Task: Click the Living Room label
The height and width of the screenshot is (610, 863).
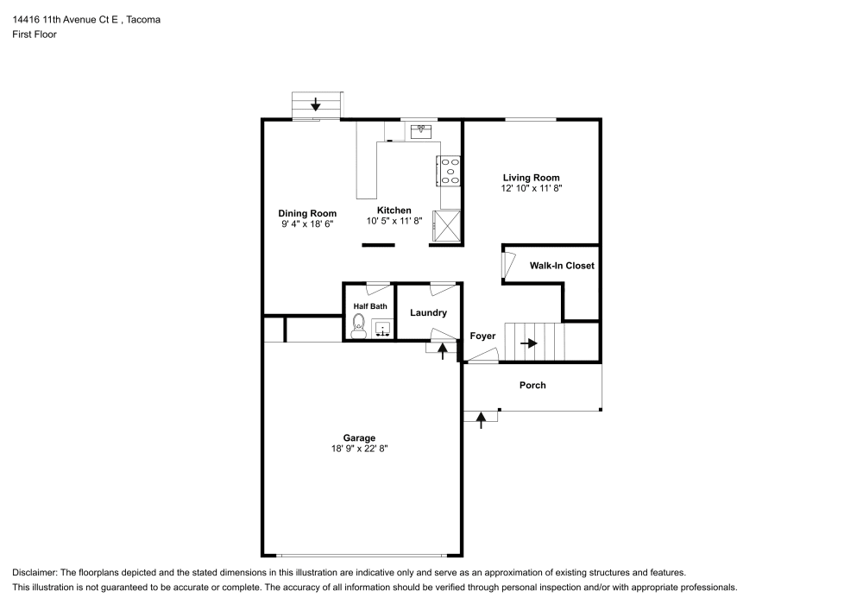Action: point(532,178)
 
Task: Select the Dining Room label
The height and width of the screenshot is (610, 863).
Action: point(307,213)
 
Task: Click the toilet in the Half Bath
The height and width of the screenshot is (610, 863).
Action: point(358,325)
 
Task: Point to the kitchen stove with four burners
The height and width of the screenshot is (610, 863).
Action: point(450,171)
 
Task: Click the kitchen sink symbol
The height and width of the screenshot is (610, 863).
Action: point(421,131)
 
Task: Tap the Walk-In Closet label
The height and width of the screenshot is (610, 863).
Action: point(562,266)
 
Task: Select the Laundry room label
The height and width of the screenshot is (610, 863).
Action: point(428,313)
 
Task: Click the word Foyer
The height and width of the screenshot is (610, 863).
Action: point(482,336)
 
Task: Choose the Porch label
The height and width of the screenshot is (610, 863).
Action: point(532,385)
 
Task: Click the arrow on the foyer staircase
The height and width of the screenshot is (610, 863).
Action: point(529,343)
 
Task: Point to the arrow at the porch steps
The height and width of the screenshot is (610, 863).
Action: point(482,418)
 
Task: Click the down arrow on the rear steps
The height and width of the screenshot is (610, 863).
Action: point(316,104)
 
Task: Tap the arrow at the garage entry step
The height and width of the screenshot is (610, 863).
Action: point(443,350)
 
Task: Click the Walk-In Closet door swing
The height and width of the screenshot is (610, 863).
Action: point(508,266)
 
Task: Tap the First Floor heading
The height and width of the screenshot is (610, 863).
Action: point(35,35)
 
